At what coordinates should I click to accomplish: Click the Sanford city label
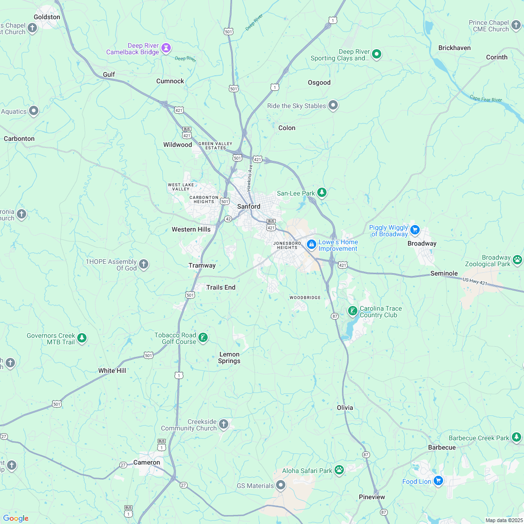tap(248, 206)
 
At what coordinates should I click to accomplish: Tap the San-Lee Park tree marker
tap(321, 192)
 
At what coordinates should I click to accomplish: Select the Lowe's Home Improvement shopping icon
tap(311, 244)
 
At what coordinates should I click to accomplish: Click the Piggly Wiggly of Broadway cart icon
tap(415, 230)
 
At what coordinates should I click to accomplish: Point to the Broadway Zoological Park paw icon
tap(517, 259)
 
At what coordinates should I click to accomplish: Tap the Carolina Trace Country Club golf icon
tap(352, 311)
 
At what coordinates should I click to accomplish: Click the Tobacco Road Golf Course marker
tap(203, 337)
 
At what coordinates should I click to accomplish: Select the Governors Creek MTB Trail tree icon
tap(82, 337)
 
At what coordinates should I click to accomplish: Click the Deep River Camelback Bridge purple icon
tap(166, 48)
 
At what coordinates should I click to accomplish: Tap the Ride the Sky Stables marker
tap(333, 105)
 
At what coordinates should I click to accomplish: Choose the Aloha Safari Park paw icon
tap(339, 470)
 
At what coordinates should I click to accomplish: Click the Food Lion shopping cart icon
tap(438, 480)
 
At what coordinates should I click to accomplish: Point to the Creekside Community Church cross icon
tap(224, 424)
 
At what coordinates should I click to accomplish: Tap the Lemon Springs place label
tap(229, 357)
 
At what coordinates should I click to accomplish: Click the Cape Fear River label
tap(486, 99)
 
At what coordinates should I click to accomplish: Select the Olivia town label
tap(345, 408)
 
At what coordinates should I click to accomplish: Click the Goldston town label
tap(47, 17)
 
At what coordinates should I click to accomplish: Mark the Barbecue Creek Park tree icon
tap(516, 437)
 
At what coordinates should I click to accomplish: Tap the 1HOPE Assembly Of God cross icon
tap(144, 264)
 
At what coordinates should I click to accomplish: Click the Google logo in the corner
tap(15, 518)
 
